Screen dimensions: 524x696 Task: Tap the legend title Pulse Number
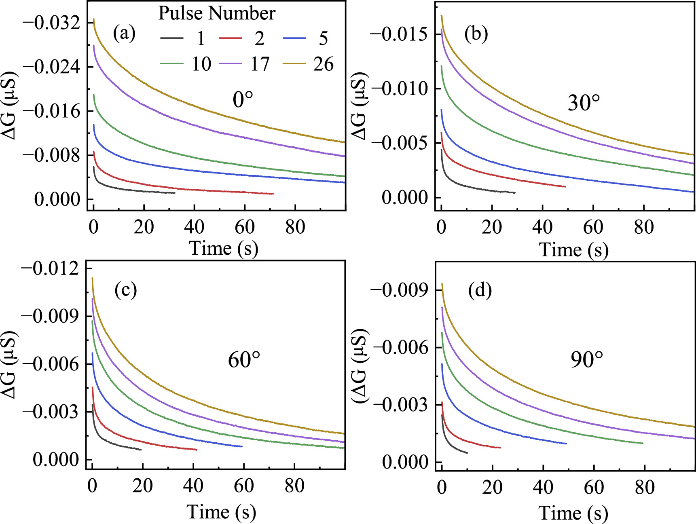[x=216, y=13]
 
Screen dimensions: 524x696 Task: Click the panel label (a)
[x=124, y=33]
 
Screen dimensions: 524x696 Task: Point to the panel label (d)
[x=480, y=290]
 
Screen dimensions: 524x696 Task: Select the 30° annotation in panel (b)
[x=584, y=103]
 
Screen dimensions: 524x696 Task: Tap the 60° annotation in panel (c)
[x=244, y=359]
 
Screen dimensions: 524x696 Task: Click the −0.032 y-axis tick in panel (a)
[x=51, y=22]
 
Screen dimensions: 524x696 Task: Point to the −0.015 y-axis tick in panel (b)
[x=399, y=34]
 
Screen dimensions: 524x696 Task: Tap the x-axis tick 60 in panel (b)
[x=593, y=227]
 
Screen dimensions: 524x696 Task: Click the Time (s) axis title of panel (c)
[x=221, y=512]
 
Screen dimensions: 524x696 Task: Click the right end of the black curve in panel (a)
[x=175, y=193]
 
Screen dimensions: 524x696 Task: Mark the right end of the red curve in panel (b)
[x=565, y=186]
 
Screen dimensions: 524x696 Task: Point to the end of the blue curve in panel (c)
[x=242, y=446]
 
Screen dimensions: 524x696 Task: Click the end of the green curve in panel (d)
[x=643, y=443]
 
